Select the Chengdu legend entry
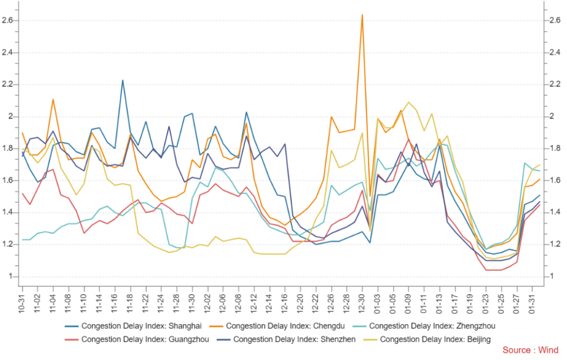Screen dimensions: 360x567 click(277, 326)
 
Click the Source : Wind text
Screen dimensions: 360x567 click(530, 350)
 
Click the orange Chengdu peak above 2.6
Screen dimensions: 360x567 click(362, 15)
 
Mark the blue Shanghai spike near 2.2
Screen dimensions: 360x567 click(122, 80)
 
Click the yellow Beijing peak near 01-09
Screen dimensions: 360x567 click(409, 102)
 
